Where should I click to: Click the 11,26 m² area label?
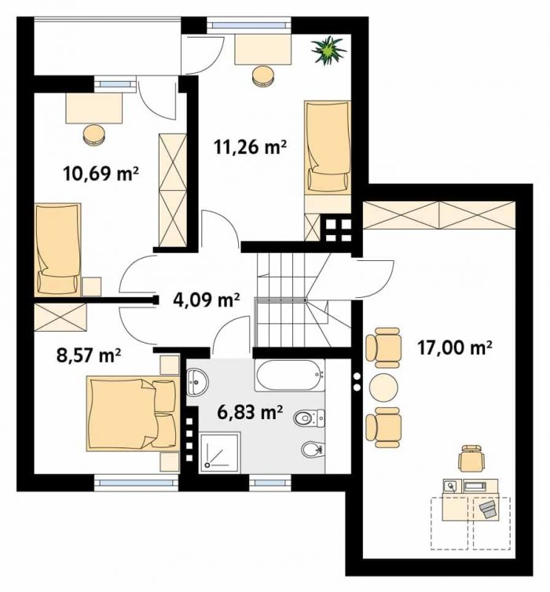point(250,147)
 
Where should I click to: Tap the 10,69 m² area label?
point(101,174)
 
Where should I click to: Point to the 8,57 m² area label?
point(89,355)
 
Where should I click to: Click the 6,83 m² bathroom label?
point(251,412)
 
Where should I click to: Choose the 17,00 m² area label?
point(455,347)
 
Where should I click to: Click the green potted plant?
point(328,50)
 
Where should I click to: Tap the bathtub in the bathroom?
point(289,375)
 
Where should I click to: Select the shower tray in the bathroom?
point(220,452)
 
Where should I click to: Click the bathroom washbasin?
point(197,382)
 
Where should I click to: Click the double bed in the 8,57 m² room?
point(133,414)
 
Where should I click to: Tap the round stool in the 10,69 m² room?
point(93,134)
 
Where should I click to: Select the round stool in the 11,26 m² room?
point(262,76)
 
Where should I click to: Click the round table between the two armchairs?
point(383,388)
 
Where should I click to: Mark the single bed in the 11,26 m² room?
point(328,147)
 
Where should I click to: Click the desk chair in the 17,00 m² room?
point(471,458)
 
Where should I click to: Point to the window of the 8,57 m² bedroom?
point(135,483)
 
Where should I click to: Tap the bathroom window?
point(270,483)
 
